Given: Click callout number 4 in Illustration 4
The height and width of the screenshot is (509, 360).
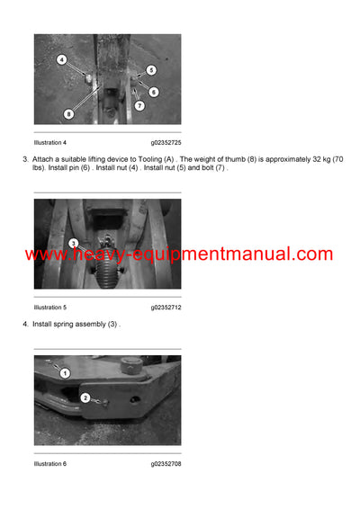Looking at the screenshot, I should pos(61,60).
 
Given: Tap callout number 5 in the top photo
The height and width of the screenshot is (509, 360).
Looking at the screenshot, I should pos(151,69).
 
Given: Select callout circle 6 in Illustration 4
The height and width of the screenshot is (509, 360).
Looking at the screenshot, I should pos(154,92).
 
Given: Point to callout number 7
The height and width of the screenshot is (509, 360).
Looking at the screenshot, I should pos(139,106).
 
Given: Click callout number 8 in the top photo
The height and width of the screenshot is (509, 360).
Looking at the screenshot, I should pos(69,114).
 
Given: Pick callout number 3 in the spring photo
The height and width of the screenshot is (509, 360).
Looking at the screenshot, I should pos(74,243).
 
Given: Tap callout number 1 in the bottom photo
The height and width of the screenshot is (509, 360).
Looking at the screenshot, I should pos(65,371).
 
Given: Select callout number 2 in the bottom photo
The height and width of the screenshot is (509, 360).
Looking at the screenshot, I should pos(85,397).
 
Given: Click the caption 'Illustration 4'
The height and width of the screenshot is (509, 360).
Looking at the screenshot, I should pos(49,142).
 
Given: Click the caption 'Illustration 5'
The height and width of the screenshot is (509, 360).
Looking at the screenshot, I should pos(49,308).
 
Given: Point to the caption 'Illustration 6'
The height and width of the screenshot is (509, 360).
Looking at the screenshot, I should pos(49,464).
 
